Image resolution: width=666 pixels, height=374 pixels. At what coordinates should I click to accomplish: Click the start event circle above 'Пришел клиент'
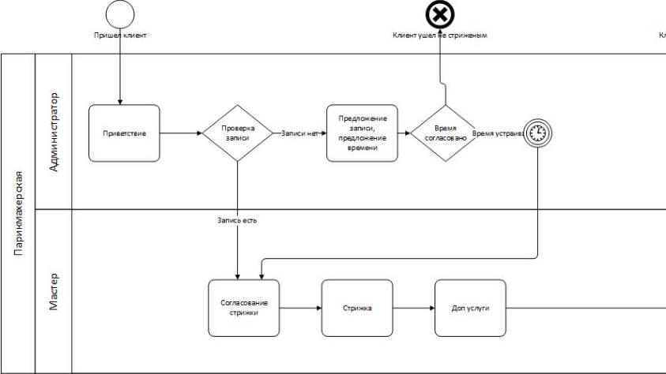[120, 13]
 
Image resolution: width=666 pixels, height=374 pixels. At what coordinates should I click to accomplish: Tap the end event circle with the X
[440, 14]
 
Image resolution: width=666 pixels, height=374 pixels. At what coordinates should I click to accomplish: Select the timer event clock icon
[537, 133]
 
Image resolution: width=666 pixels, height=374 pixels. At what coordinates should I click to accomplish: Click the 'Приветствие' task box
[124, 133]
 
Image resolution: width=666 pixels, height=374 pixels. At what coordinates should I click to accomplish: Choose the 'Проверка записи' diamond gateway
[237, 133]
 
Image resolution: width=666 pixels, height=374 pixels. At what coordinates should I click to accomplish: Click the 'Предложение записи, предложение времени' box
[363, 133]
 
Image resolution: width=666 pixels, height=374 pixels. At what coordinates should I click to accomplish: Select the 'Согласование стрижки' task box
[244, 308]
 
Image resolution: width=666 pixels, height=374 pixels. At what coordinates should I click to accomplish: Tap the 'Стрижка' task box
[356, 308]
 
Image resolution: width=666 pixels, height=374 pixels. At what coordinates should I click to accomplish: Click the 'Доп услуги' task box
[469, 308]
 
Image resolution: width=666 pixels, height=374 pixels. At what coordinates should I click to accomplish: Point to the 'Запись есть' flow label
[237, 220]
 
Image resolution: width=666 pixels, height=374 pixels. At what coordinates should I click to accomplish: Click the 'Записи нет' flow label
[299, 133]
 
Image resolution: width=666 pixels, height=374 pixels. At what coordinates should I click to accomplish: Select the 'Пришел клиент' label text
[120, 36]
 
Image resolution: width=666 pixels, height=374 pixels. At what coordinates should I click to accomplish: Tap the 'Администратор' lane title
[54, 132]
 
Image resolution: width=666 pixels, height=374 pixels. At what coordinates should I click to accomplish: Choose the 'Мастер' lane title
[54, 292]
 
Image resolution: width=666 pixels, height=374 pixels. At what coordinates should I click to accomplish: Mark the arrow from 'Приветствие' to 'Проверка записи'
[180, 133]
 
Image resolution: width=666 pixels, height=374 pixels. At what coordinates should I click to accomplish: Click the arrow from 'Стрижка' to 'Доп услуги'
[413, 308]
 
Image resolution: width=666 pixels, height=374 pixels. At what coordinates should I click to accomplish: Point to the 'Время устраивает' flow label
[499, 133]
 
